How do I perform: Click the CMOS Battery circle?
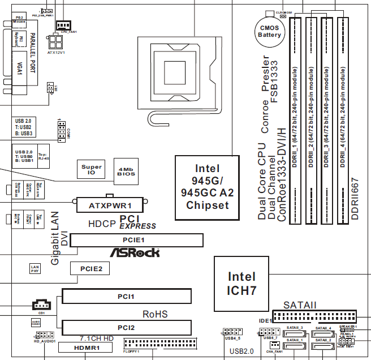(269, 31)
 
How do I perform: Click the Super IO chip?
(92, 170)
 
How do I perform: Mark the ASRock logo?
(134, 253)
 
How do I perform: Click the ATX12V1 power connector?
(55, 43)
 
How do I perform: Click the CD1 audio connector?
(41, 305)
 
